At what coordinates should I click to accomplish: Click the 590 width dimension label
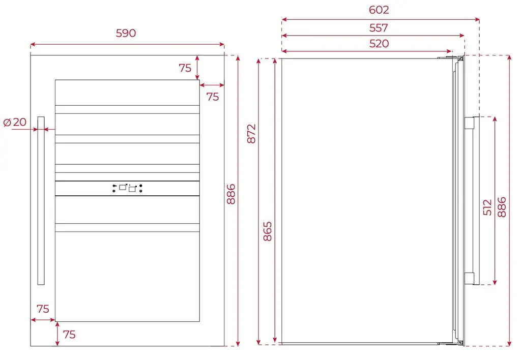point(126,33)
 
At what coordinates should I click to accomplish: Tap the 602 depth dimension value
point(379,10)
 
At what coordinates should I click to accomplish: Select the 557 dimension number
point(379,27)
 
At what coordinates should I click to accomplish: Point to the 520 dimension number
point(379,44)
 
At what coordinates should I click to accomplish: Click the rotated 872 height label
point(251,134)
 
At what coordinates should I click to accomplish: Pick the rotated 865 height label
point(267,231)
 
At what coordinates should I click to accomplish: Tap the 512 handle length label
point(487,207)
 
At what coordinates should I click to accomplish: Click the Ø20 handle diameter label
point(15,122)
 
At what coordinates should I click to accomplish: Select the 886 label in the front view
point(230,194)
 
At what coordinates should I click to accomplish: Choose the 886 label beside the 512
point(502,207)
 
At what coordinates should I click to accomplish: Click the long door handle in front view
point(41,200)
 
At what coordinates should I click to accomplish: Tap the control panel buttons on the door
point(127,188)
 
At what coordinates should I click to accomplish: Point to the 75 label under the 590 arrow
point(185,68)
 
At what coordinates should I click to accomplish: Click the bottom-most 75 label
point(69,335)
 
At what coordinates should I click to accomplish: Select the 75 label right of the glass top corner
point(213,97)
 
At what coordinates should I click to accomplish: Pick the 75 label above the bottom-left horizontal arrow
point(43,309)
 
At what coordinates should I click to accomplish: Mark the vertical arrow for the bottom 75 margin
point(57,334)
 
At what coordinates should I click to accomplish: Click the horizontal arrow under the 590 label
point(127,44)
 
